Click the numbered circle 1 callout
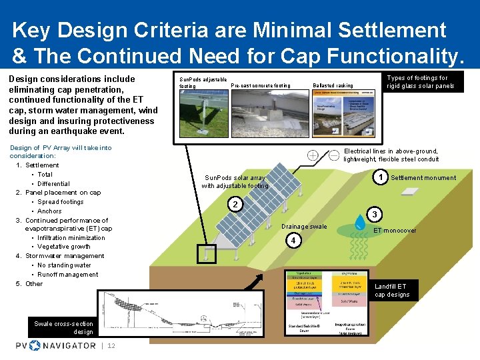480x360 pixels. (380, 177)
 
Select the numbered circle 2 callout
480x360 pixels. (235, 204)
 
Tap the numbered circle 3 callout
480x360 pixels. (375, 215)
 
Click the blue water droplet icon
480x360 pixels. (360, 221)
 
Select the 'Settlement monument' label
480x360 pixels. (423, 178)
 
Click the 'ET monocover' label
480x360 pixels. (395, 231)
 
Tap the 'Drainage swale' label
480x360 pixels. (304, 227)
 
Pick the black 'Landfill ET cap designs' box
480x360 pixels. (396, 291)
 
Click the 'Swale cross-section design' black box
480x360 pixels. (64, 327)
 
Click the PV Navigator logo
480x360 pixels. (56, 345)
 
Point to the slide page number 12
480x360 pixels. (111, 345)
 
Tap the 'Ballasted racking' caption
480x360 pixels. (333, 86)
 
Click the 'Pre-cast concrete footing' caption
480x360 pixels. (261, 85)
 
